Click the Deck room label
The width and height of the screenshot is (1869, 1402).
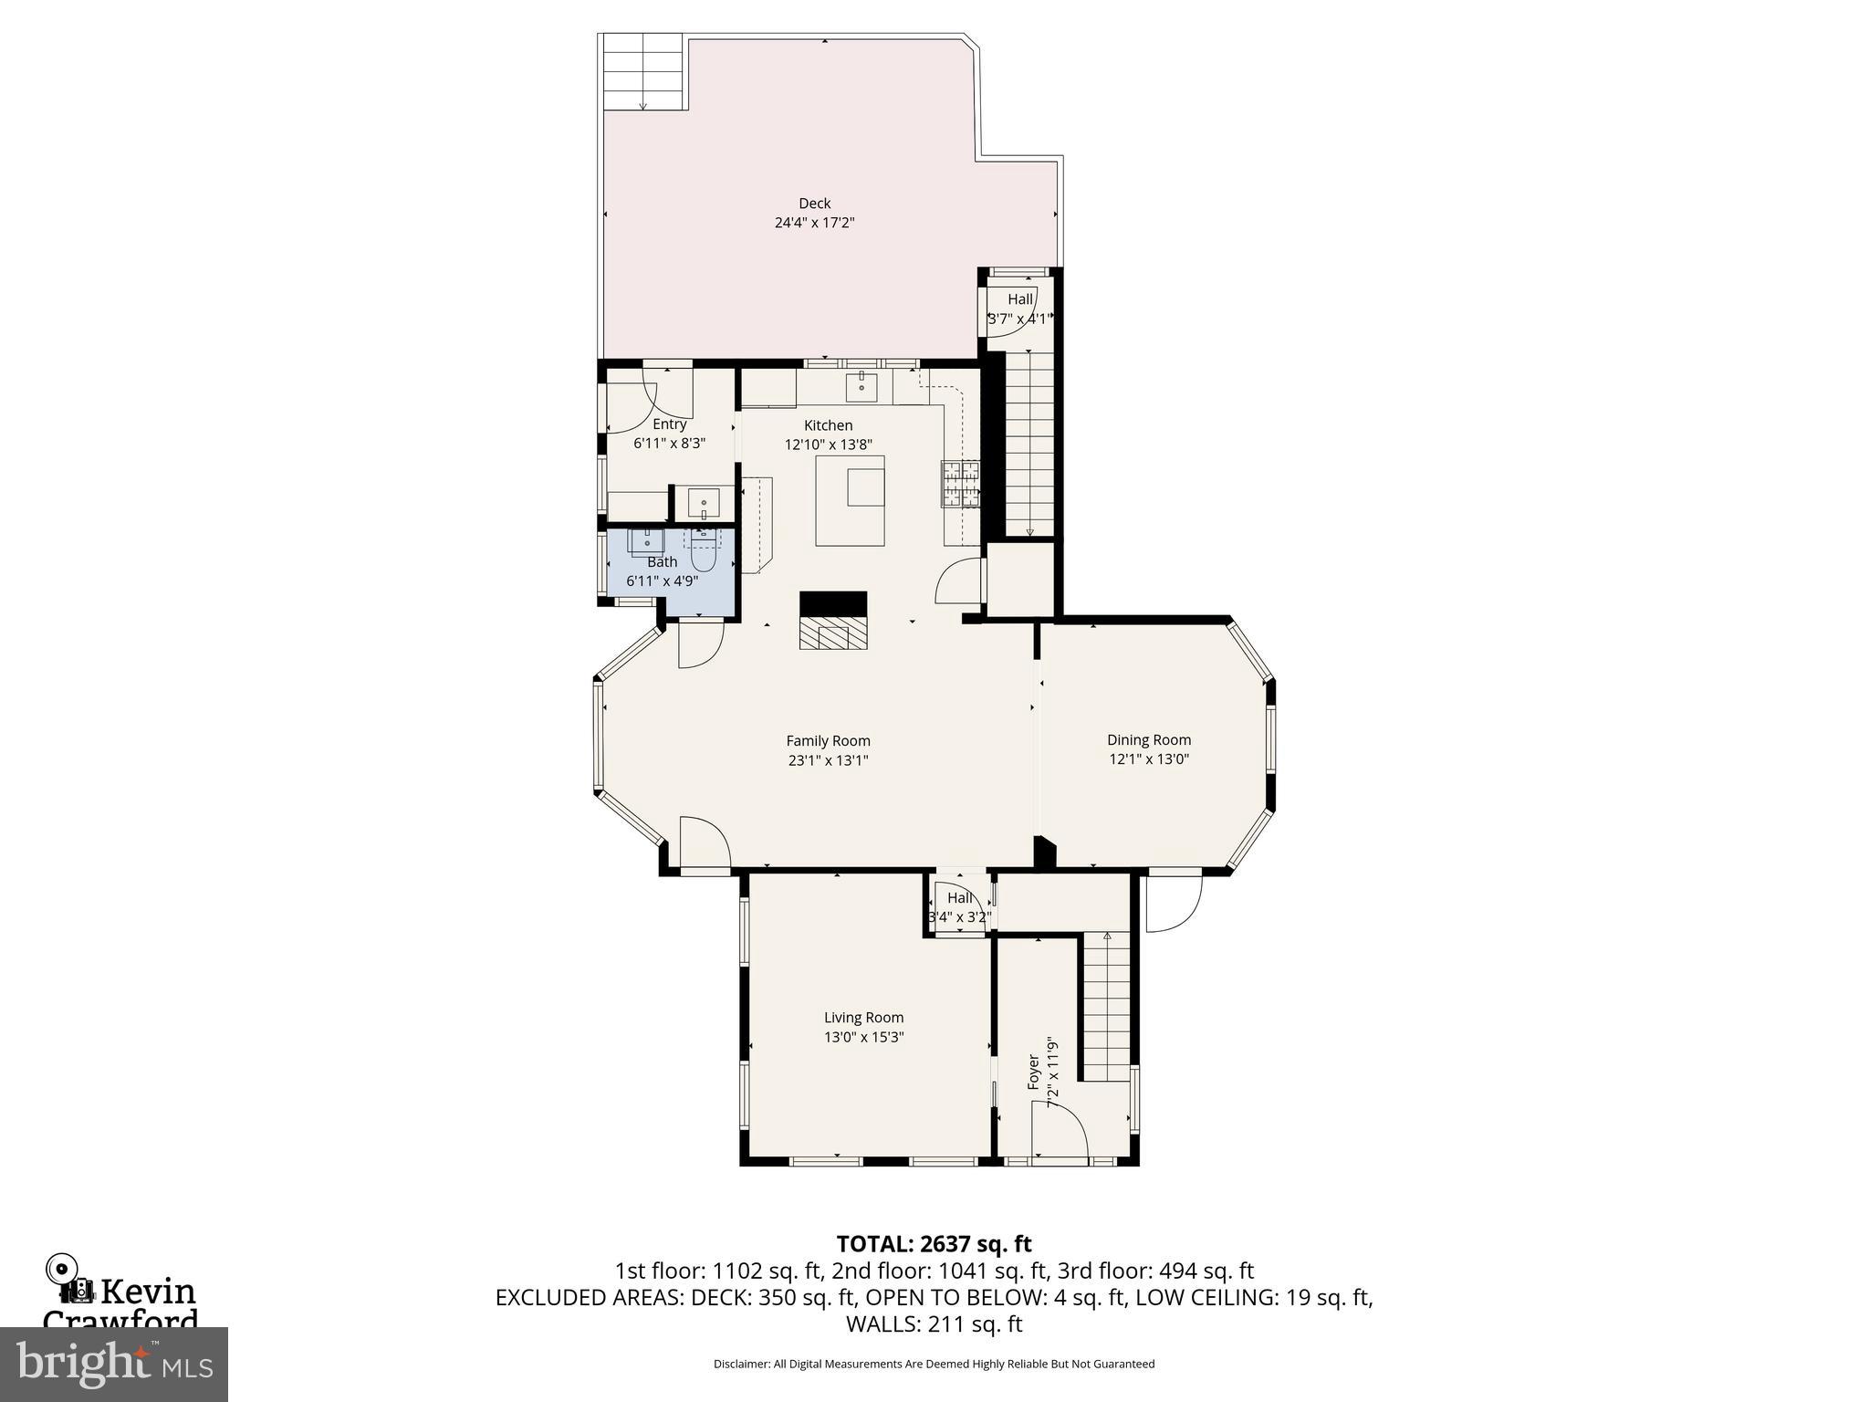[814, 204]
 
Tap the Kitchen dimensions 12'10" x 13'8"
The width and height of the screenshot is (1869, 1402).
[828, 445]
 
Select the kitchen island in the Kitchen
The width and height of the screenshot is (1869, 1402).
[850, 500]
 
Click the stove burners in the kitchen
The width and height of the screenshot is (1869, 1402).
[960, 483]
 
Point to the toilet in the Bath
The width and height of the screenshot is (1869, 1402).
[703, 550]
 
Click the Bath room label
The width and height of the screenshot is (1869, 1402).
[662, 562]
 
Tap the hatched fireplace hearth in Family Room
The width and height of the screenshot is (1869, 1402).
[832, 632]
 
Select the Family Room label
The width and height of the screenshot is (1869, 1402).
[828, 741]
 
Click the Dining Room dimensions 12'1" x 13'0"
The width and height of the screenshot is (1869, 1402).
[1148, 759]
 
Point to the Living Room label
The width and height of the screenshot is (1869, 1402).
[863, 1018]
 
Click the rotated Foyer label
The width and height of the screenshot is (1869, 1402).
[1034, 1072]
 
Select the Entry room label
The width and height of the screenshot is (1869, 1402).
[669, 424]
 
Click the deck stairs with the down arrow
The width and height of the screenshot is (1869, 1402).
[642, 73]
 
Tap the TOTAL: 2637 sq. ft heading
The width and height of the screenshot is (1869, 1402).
[934, 1244]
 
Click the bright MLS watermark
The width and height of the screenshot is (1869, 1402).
[113, 1364]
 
